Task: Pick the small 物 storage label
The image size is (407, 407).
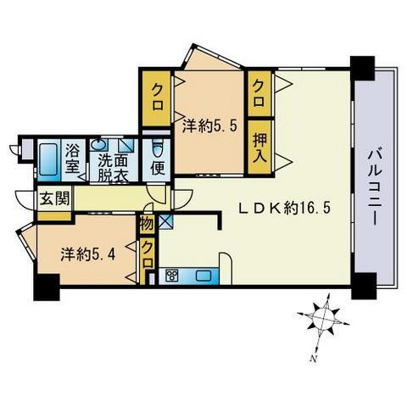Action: [x=148, y=225]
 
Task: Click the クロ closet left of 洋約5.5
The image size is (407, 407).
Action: [x=157, y=90]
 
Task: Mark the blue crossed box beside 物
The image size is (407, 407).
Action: [x=164, y=224]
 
